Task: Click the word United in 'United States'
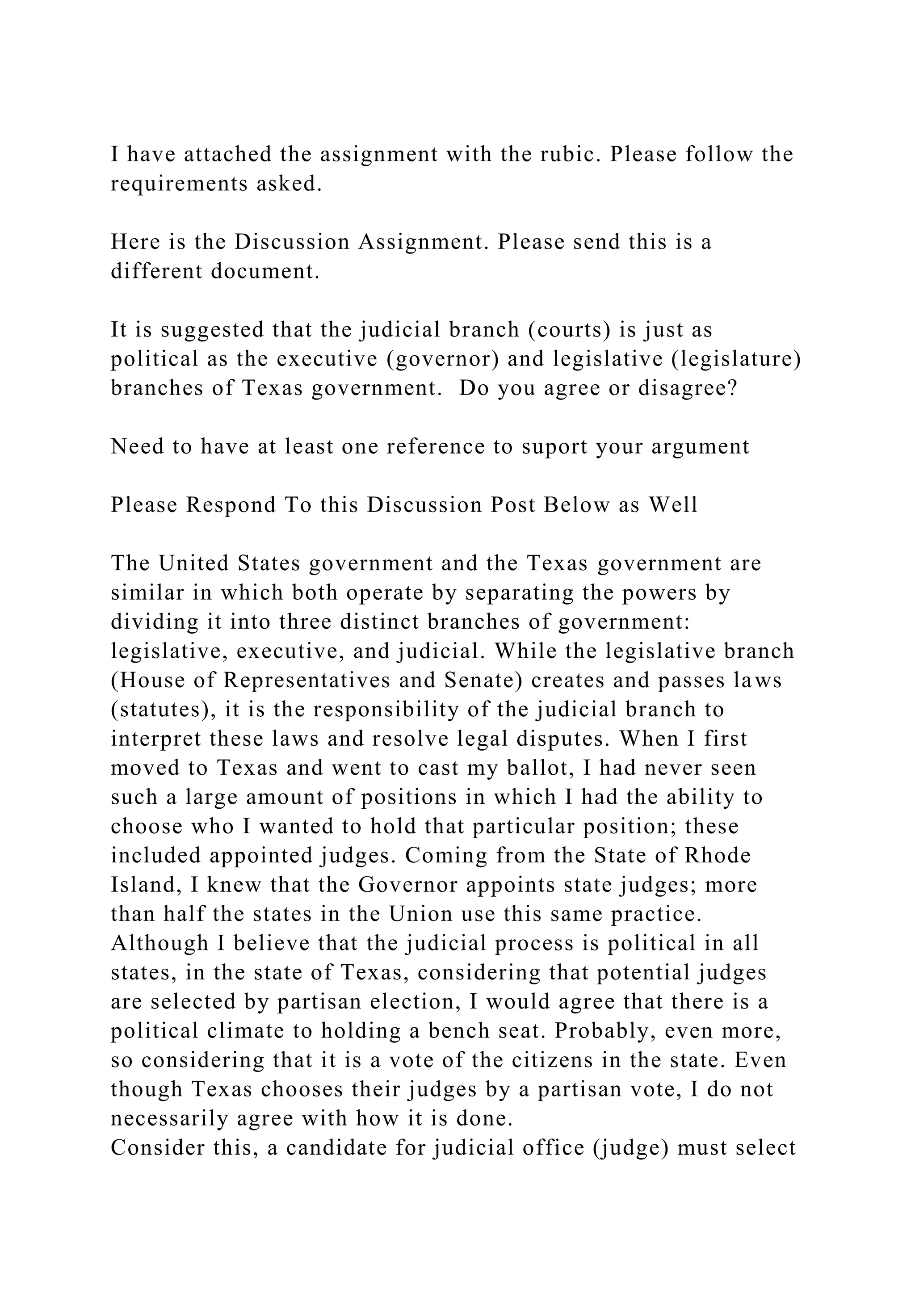(192, 563)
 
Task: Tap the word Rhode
(718, 856)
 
